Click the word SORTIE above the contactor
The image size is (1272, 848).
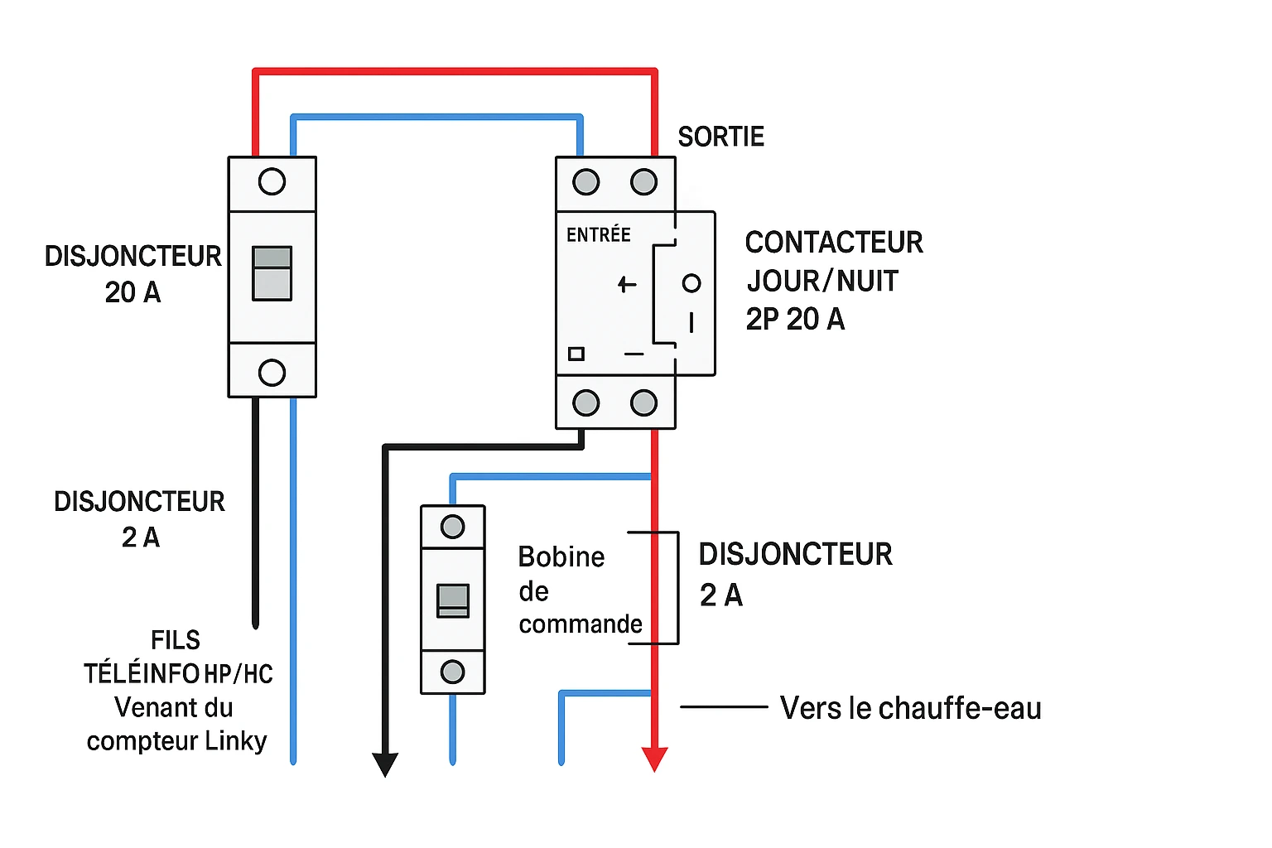click(x=720, y=137)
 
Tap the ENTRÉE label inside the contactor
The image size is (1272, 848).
click(x=598, y=235)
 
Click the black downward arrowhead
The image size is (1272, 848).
click(x=385, y=764)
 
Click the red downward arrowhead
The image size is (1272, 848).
click(x=654, y=759)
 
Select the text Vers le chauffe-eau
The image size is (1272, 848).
click(x=910, y=708)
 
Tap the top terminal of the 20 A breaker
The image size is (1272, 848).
click(x=272, y=182)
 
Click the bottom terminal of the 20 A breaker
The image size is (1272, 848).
click(x=272, y=373)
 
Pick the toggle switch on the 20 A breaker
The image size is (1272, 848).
click(x=272, y=273)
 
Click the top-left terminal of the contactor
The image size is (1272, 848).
click(x=585, y=182)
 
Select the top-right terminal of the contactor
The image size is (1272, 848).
click(x=643, y=182)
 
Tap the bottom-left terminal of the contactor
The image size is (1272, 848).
click(x=585, y=403)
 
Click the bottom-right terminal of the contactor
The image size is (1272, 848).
click(x=643, y=403)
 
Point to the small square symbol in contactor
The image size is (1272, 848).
click(x=576, y=354)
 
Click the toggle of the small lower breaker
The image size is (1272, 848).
click(x=453, y=600)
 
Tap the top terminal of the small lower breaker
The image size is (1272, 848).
click(x=453, y=527)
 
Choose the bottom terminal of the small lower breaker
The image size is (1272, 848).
click(x=453, y=672)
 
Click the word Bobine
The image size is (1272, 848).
click(x=561, y=557)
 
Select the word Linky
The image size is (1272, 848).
click(x=235, y=740)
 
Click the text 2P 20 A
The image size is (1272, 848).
click(x=795, y=319)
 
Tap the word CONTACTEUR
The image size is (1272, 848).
click(x=833, y=243)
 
